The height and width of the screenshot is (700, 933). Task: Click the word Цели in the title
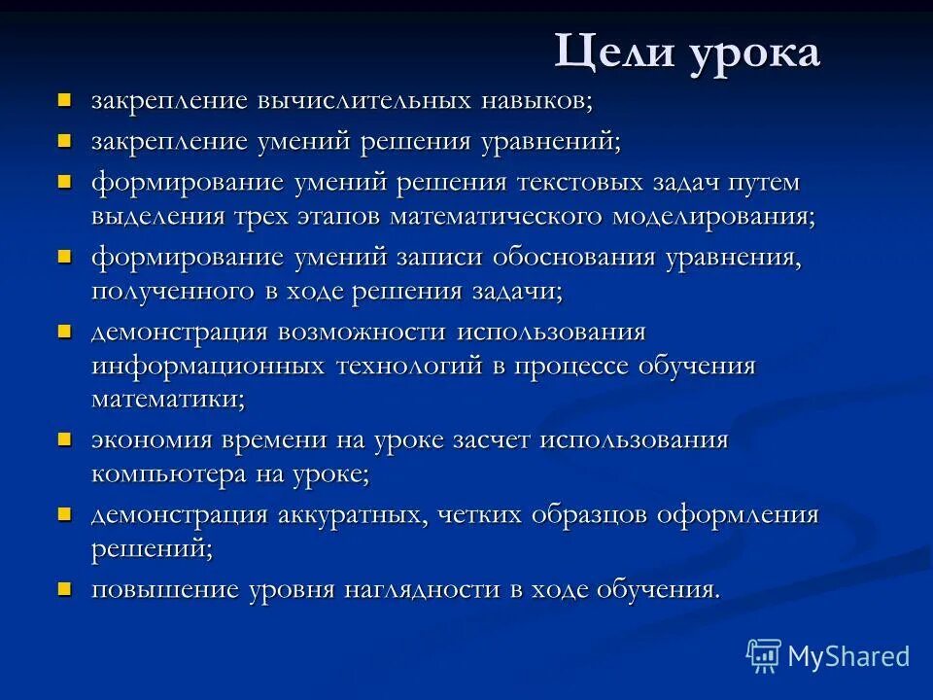605,52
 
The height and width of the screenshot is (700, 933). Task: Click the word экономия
152,440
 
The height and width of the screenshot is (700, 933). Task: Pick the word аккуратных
349,515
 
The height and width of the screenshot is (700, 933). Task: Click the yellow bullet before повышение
64,588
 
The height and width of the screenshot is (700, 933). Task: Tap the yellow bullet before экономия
64,438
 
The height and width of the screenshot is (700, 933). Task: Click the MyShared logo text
848,656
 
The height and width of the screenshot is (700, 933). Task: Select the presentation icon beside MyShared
764,656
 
